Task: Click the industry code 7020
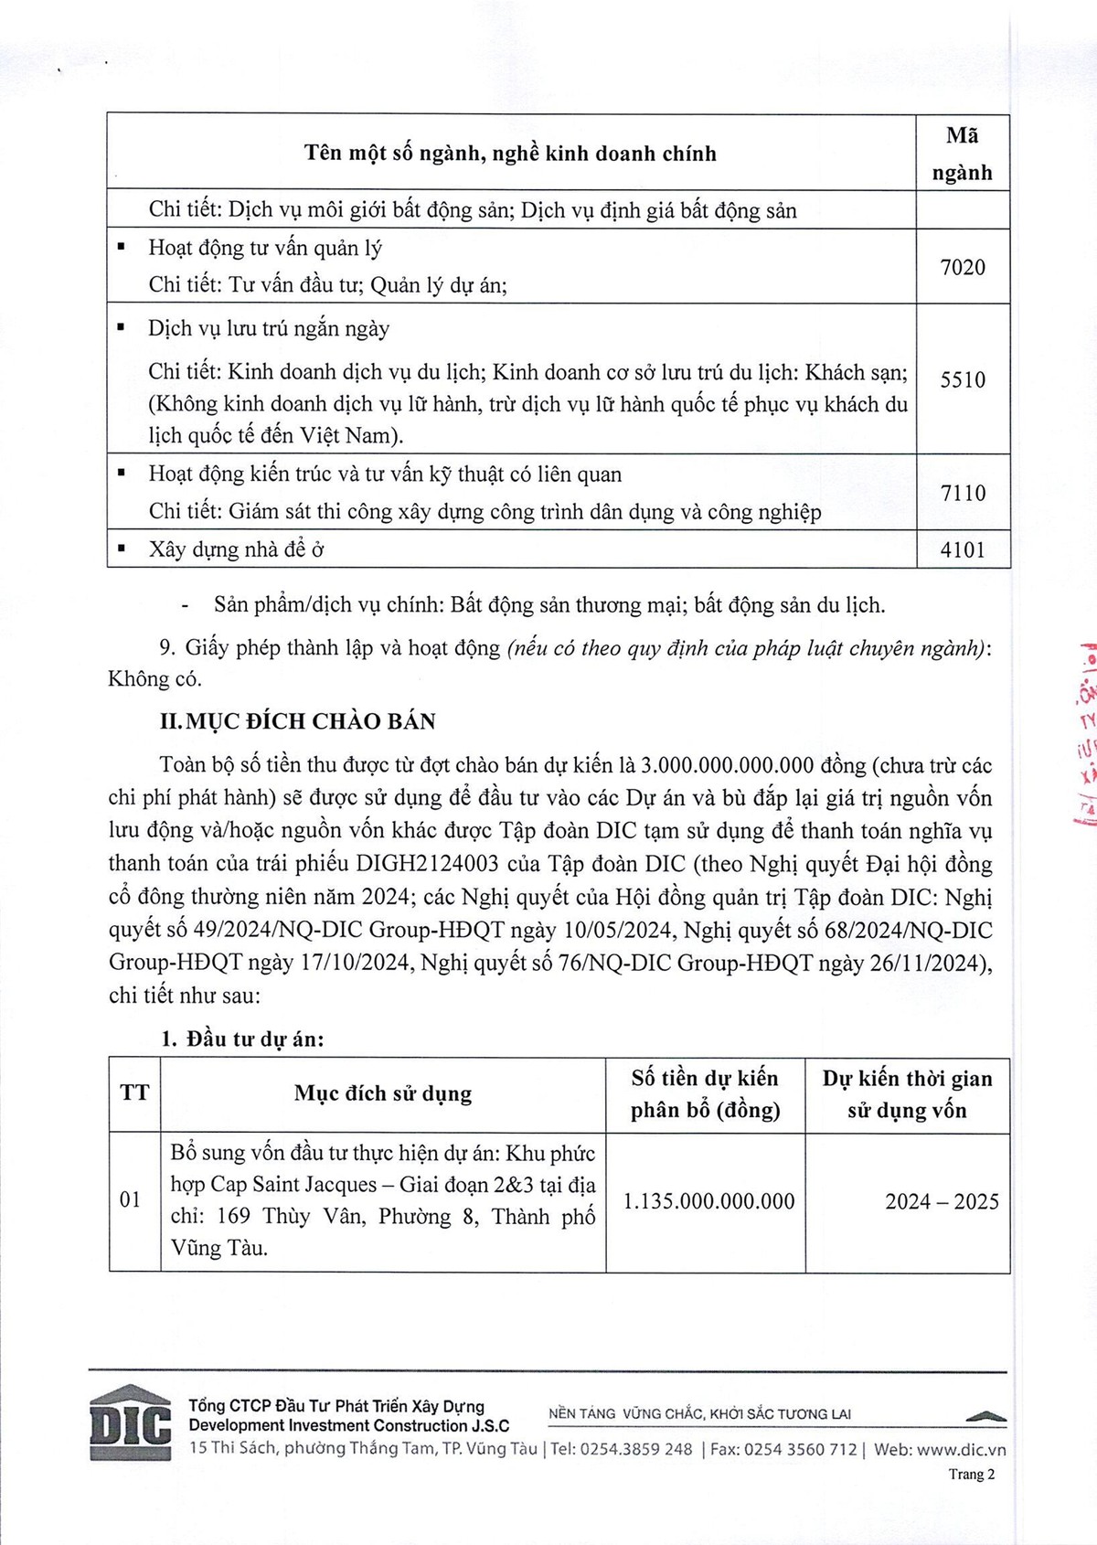tap(963, 267)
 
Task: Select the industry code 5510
tap(963, 379)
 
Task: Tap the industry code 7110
tap(963, 494)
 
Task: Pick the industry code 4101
tap(963, 549)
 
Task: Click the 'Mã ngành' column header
tap(963, 154)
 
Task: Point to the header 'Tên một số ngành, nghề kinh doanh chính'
tap(510, 154)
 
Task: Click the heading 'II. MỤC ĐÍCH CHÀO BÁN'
tap(297, 721)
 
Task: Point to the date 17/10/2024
tap(357, 963)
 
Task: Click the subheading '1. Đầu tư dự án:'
tap(242, 1039)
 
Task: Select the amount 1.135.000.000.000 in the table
tap(708, 1201)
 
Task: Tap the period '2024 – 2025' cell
tap(942, 1201)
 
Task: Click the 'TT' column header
tap(134, 1093)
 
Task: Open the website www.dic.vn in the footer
tap(961, 1449)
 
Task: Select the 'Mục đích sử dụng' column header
tap(383, 1093)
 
